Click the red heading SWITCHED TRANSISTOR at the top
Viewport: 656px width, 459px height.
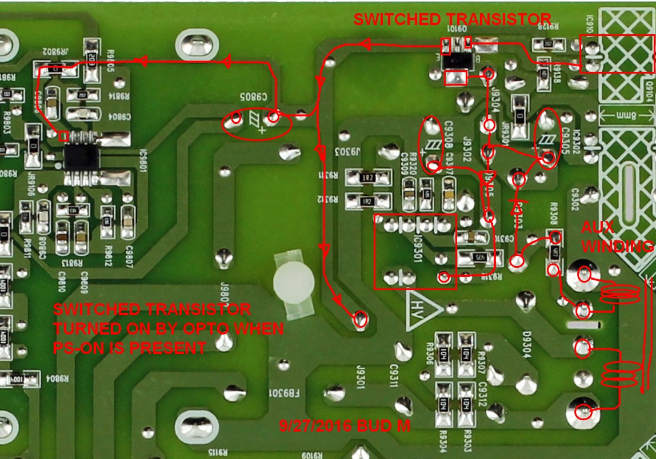pos(451,19)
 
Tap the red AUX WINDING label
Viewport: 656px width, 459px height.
pos(616,237)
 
